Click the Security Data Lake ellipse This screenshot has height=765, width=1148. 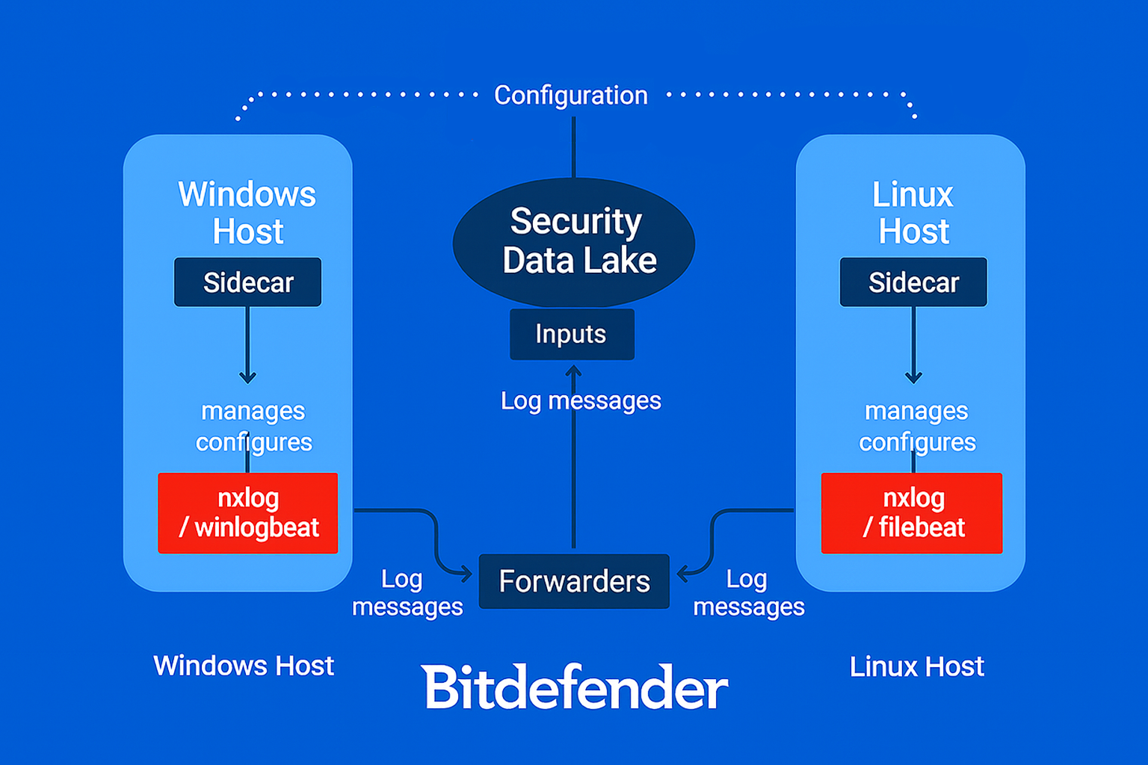pyautogui.click(x=574, y=241)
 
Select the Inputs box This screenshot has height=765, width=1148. pyautogui.click(x=572, y=334)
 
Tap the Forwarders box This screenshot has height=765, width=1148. pyautogui.click(x=574, y=581)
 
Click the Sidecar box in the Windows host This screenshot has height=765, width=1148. pyautogui.click(x=247, y=282)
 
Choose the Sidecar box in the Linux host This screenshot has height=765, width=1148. pyautogui.click(x=913, y=282)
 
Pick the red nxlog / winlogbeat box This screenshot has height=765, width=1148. pyautogui.click(x=248, y=513)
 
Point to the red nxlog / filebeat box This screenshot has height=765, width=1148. pyautogui.click(x=912, y=513)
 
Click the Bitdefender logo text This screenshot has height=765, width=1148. pyautogui.click(x=574, y=687)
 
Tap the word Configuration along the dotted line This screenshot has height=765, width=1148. pyautogui.click(x=571, y=96)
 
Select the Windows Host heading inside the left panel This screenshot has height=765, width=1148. pyautogui.click(x=247, y=213)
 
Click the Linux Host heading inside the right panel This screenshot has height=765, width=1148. pyautogui.click(x=913, y=213)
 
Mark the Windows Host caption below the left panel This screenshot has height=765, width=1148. pyautogui.click(x=244, y=666)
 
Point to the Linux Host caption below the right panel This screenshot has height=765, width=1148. pyautogui.click(x=917, y=666)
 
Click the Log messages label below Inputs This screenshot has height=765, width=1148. pyautogui.click(x=581, y=401)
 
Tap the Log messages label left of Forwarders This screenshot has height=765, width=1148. pyautogui.click(x=407, y=593)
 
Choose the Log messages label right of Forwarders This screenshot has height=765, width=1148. pyautogui.click(x=748, y=593)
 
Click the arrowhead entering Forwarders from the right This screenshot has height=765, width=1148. pyautogui.click(x=682, y=574)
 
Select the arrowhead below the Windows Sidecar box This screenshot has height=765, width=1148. pyautogui.click(x=248, y=378)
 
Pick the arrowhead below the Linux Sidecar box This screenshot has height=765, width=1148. pyautogui.click(x=913, y=378)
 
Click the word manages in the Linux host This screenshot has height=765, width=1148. pyautogui.click(x=916, y=411)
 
